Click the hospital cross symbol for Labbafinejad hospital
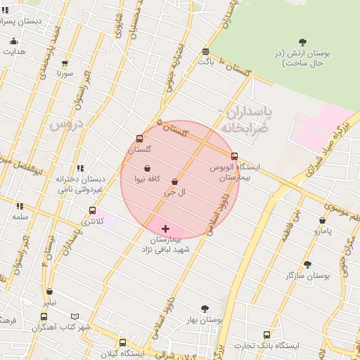pyautogui.click(x=165, y=229)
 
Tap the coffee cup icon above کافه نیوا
pyautogui.click(x=148, y=169)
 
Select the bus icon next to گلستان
pyautogui.click(x=139, y=139)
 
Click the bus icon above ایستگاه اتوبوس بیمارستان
pyautogui.click(x=234, y=157)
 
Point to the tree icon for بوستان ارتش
pyautogui.click(x=302, y=42)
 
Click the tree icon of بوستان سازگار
pyautogui.click(x=307, y=264)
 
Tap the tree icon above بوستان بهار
pyautogui.click(x=205, y=309)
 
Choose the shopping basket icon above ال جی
pyautogui.click(x=174, y=181)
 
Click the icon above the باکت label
pyautogui.click(x=205, y=51)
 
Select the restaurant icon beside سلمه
pyautogui.click(x=20, y=206)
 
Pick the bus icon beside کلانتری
pyautogui.click(x=92, y=210)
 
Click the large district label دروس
pyautogui.click(x=67, y=124)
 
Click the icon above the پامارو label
pyautogui.click(x=322, y=220)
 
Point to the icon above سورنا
pyautogui.click(x=65, y=63)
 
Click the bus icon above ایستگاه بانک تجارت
pyautogui.click(x=266, y=335)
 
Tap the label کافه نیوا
pyautogui.click(x=149, y=179)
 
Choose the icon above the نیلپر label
pyautogui.click(x=49, y=292)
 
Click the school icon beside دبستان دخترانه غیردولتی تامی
pyautogui.click(x=81, y=168)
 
